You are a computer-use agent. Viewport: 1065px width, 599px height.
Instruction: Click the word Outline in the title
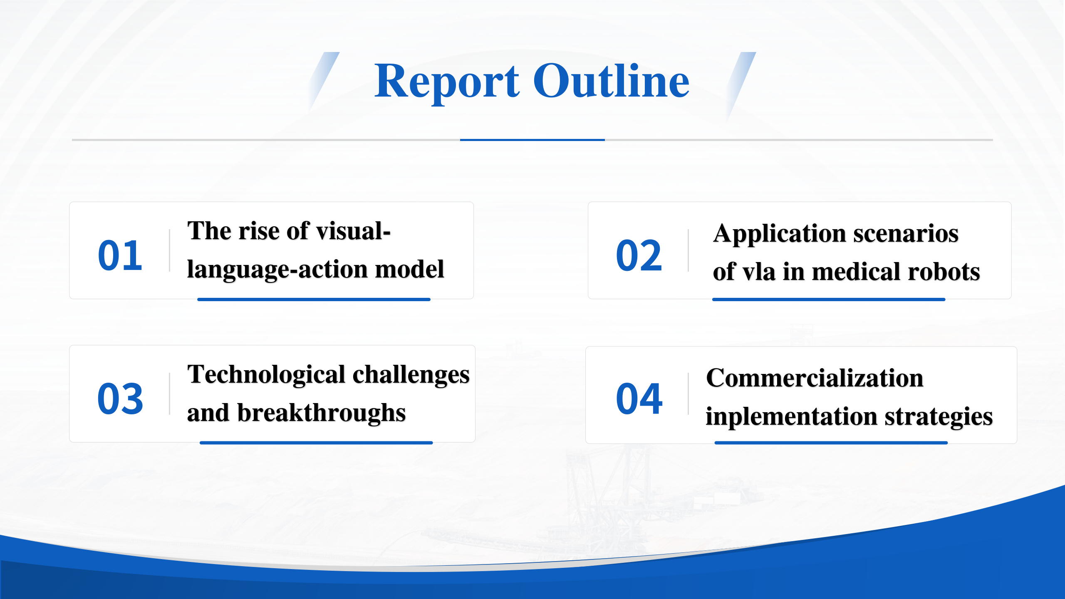tap(611, 81)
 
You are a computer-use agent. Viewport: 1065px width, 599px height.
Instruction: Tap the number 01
tap(120, 255)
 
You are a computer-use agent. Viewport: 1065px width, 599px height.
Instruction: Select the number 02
tap(639, 255)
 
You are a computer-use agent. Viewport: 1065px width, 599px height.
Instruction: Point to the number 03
tap(120, 399)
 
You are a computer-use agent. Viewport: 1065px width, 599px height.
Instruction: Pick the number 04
tap(639, 399)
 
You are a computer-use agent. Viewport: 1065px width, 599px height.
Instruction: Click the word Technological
tap(266, 375)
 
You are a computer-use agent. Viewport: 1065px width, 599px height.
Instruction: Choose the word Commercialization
tap(815, 378)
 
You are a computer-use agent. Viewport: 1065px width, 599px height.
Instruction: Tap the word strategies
tap(939, 417)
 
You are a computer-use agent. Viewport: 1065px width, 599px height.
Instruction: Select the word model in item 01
tap(410, 269)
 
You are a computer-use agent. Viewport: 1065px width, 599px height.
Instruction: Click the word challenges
tap(411, 375)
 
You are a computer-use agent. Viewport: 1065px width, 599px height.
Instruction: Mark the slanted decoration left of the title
tap(324, 82)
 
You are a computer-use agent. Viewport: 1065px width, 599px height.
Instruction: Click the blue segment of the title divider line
tap(532, 140)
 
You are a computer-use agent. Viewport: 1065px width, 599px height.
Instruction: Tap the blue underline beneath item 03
tap(316, 443)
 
